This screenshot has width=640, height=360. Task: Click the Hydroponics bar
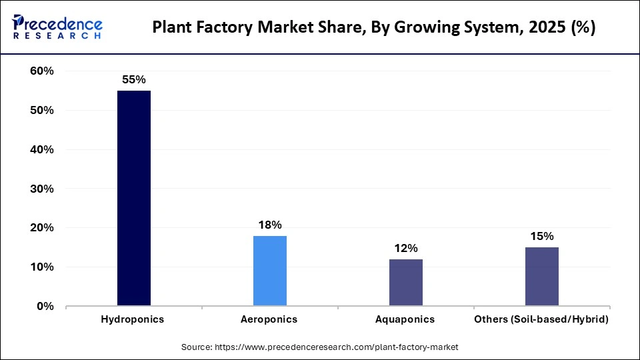(x=133, y=198)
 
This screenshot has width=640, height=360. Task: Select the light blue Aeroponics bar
(x=269, y=271)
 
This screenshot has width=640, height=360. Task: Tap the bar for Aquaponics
(x=405, y=283)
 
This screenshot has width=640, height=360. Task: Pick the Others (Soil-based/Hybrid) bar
(x=541, y=277)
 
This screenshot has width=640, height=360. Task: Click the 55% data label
(x=133, y=79)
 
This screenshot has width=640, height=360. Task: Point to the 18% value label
(x=269, y=225)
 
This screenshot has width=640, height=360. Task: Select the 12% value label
(x=405, y=248)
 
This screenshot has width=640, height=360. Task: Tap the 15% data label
(x=541, y=236)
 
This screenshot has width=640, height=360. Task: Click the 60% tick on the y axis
(x=41, y=71)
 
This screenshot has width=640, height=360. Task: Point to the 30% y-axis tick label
(x=41, y=189)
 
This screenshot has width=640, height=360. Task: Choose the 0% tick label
(x=45, y=307)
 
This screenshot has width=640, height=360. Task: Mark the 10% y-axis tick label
(x=41, y=267)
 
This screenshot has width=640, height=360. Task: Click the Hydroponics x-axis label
(x=133, y=320)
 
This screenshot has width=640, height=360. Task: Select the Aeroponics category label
(x=269, y=320)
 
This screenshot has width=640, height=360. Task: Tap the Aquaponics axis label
(x=405, y=320)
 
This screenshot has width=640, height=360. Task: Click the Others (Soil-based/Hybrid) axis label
(x=541, y=320)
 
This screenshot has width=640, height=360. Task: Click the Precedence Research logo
(x=57, y=27)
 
